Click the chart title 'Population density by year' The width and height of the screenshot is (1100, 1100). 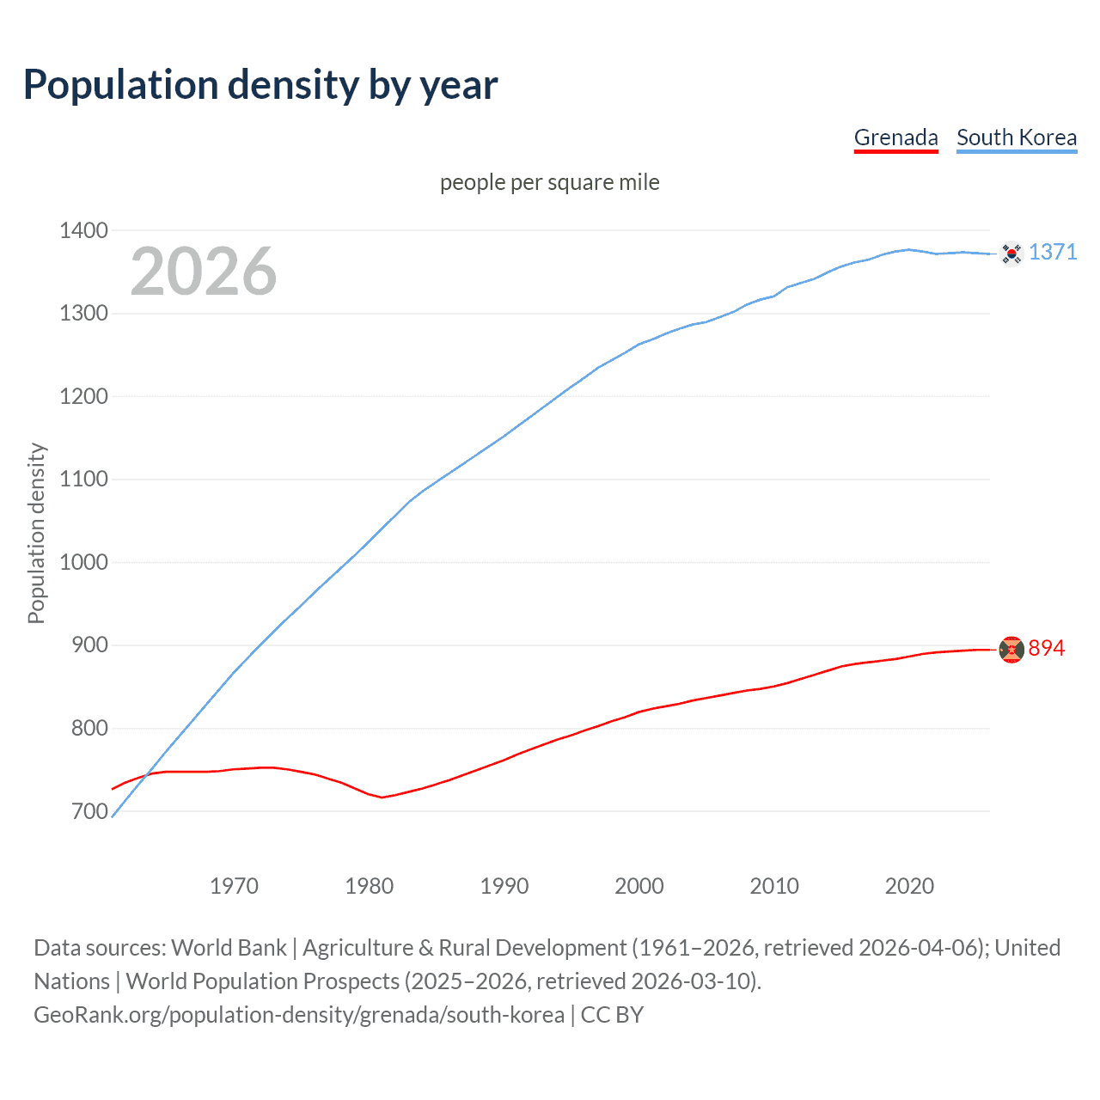(x=260, y=84)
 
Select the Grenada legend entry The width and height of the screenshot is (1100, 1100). (x=895, y=137)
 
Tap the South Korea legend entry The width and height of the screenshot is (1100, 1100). (x=1016, y=137)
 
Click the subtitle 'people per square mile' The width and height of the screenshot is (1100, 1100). (x=549, y=182)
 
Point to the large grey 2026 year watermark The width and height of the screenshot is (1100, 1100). (x=204, y=272)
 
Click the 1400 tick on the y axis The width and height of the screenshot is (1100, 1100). (x=83, y=230)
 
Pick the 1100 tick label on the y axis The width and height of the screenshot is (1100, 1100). (x=83, y=480)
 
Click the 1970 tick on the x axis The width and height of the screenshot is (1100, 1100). (x=234, y=886)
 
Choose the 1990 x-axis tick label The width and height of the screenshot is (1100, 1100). (x=504, y=886)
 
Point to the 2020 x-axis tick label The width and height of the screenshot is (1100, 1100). (x=909, y=886)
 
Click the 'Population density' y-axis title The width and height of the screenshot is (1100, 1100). (x=36, y=533)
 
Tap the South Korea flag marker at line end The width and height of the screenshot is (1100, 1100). (x=1011, y=254)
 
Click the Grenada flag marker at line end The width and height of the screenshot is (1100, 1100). (x=1011, y=650)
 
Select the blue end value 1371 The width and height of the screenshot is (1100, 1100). (x=1053, y=252)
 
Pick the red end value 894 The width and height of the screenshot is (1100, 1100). (x=1046, y=648)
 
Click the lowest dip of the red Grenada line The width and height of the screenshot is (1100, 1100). (x=382, y=797)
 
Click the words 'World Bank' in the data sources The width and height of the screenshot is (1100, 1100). (x=229, y=948)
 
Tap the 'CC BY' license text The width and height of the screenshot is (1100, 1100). (x=612, y=1015)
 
